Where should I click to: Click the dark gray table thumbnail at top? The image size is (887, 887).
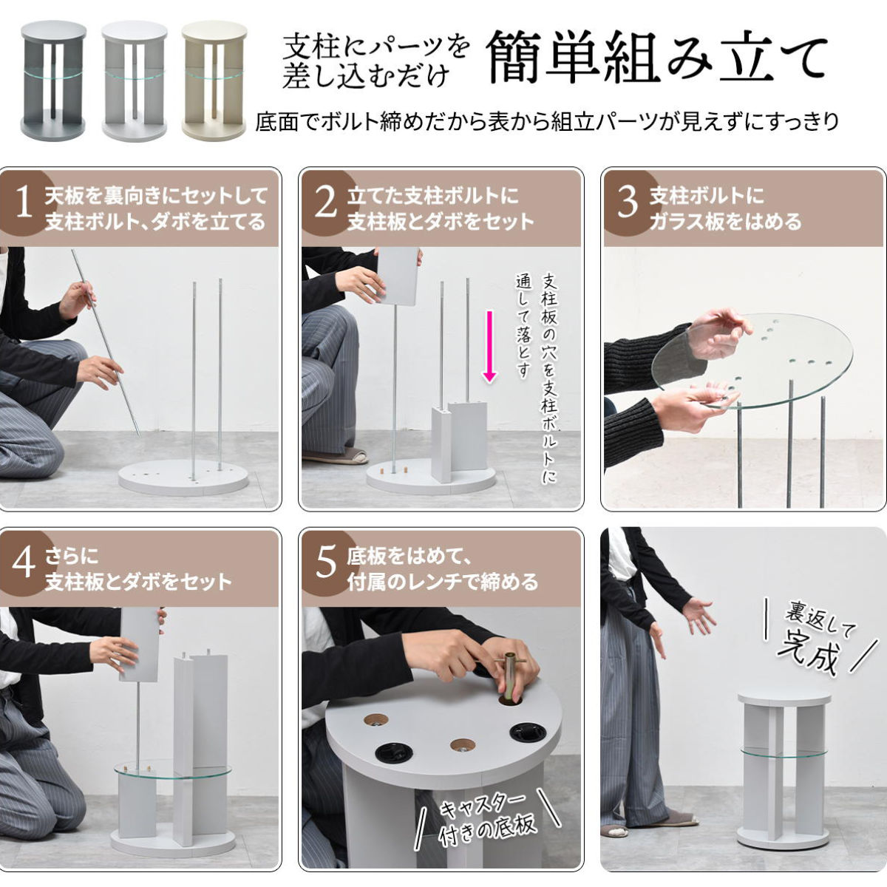[53, 80]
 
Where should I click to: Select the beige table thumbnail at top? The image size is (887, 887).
[214, 80]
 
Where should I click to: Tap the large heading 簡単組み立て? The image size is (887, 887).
[657, 59]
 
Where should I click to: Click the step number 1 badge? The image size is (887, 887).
[24, 204]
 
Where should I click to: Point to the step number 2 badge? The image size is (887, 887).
[326, 204]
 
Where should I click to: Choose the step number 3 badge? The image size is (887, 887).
[628, 204]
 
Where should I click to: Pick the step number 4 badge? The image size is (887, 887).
[24, 564]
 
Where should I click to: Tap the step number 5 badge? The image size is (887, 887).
[326, 564]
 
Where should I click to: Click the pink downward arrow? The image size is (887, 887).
[490, 347]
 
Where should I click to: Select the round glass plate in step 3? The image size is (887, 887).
[752, 361]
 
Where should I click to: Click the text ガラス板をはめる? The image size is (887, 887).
[725, 222]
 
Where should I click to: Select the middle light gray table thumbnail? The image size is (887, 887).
[135, 80]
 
